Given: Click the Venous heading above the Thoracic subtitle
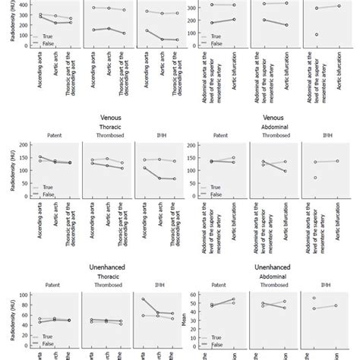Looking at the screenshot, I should click(111, 118).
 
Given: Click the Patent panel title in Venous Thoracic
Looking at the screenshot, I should click(61, 137).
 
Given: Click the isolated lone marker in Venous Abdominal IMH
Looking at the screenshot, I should click(314, 178).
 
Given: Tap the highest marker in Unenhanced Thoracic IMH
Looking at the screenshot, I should click(144, 299).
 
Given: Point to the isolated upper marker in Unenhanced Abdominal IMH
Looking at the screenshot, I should click(314, 298).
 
